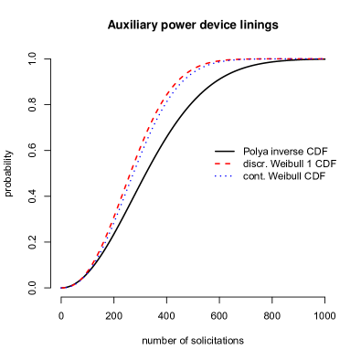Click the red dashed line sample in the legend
223,164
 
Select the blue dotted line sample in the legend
223,175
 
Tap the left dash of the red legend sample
218,164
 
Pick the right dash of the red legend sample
228,164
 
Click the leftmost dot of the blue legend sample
216,175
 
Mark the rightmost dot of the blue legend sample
231,175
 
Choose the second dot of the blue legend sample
220,175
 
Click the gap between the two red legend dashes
223,164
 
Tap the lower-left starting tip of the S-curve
61,288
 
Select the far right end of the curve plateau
323,58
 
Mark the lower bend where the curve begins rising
82,278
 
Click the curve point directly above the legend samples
223,60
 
